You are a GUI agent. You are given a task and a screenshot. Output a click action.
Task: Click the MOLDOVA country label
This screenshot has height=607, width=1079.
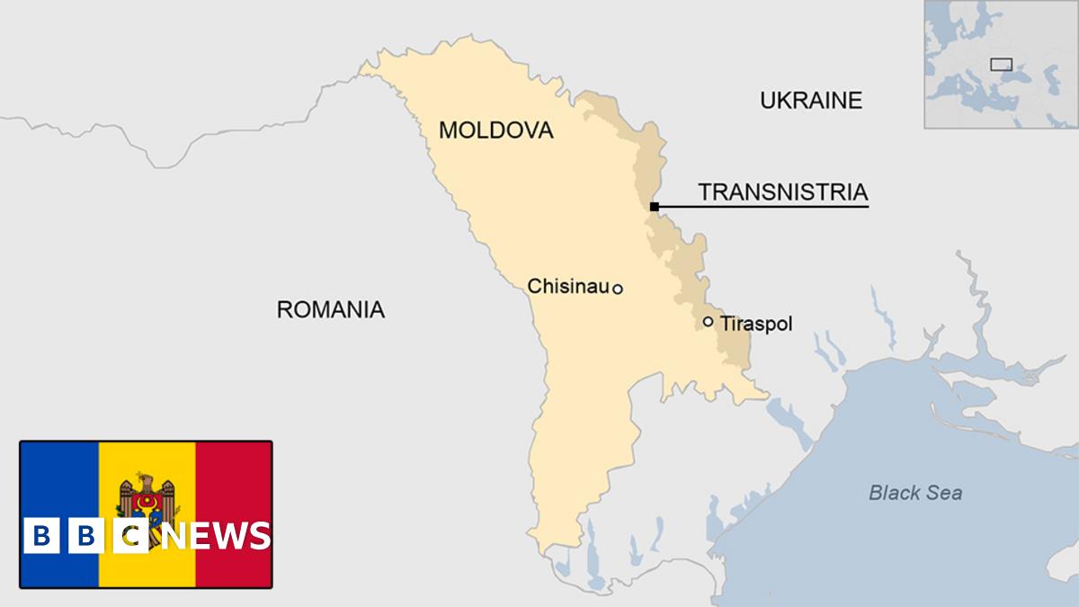495,130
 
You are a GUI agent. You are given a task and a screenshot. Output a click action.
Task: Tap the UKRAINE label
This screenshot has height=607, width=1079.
810,100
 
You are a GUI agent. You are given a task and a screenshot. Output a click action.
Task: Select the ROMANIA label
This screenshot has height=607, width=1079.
330,310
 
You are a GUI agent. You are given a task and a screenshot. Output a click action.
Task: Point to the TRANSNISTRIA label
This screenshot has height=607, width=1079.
782,192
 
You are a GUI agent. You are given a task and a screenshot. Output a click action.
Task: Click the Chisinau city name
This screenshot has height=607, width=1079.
568,287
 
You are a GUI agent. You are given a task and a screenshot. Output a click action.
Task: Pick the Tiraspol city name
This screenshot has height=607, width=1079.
756,324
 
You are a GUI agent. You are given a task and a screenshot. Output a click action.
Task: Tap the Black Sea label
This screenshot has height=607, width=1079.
915,493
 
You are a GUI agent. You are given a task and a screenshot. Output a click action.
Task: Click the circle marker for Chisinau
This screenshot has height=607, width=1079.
618,289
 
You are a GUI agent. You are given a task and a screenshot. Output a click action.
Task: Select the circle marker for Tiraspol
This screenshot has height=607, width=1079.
708,321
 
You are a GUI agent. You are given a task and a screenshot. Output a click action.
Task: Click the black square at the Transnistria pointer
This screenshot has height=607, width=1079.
654,207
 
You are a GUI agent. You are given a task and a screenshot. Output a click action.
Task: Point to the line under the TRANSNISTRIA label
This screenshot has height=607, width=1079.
764,207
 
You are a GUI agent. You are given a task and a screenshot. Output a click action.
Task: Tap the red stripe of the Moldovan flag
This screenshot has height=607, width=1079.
234,477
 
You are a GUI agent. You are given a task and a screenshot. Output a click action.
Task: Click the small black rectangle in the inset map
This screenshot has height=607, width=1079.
1001,64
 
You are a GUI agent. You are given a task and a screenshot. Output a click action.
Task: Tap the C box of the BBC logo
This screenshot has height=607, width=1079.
129,537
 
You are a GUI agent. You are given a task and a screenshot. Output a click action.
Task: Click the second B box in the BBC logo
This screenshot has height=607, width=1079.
85,537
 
